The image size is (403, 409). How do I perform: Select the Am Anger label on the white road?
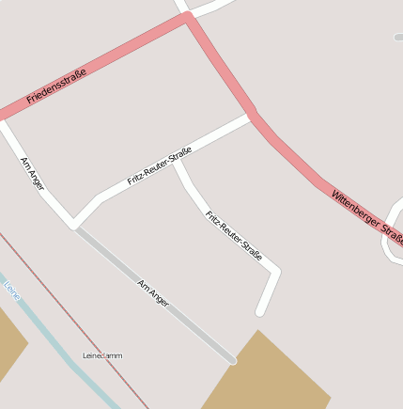[x=33, y=174]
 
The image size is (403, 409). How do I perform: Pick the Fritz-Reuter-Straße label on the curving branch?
[x=234, y=236]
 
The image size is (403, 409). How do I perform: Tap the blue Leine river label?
[x=12, y=290]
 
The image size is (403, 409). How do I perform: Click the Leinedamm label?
[x=102, y=355]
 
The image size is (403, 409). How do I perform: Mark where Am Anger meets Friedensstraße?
[x=5, y=120]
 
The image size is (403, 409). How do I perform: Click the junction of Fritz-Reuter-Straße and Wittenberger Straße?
[x=252, y=116]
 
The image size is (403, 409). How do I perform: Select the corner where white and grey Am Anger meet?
[x=73, y=225]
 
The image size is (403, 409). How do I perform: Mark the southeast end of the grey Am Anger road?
[x=232, y=358]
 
